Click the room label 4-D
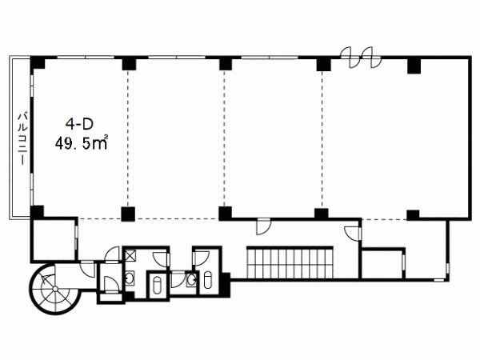pyautogui.click(x=79, y=123)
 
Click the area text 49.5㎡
pyautogui.click(x=82, y=142)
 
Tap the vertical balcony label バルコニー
pyautogui.click(x=22, y=139)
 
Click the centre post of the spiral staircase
pyautogui.click(x=54, y=289)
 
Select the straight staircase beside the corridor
pyautogui.click(x=290, y=262)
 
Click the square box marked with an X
pyautogui.click(x=130, y=255)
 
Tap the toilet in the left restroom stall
pyautogui.click(x=157, y=285)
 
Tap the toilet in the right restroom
pyautogui.click(x=207, y=279)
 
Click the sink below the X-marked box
pyautogui.click(x=130, y=278)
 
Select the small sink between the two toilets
pyautogui.click(x=192, y=279)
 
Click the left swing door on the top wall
pyautogui.click(x=350, y=58)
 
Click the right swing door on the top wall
pyautogui.click(x=371, y=58)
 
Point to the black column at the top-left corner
pyautogui.click(x=38, y=63)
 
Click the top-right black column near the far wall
pyautogui.click(x=414, y=66)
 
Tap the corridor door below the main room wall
pyautogui.click(x=263, y=226)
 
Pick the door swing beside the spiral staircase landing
pyautogui.click(x=88, y=269)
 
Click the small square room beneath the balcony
pyautogui.click(x=54, y=239)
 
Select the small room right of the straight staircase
pyautogui.click(x=383, y=263)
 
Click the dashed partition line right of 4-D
pyautogui.click(x=128, y=138)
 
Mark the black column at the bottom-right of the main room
pyautogui.click(x=413, y=215)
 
